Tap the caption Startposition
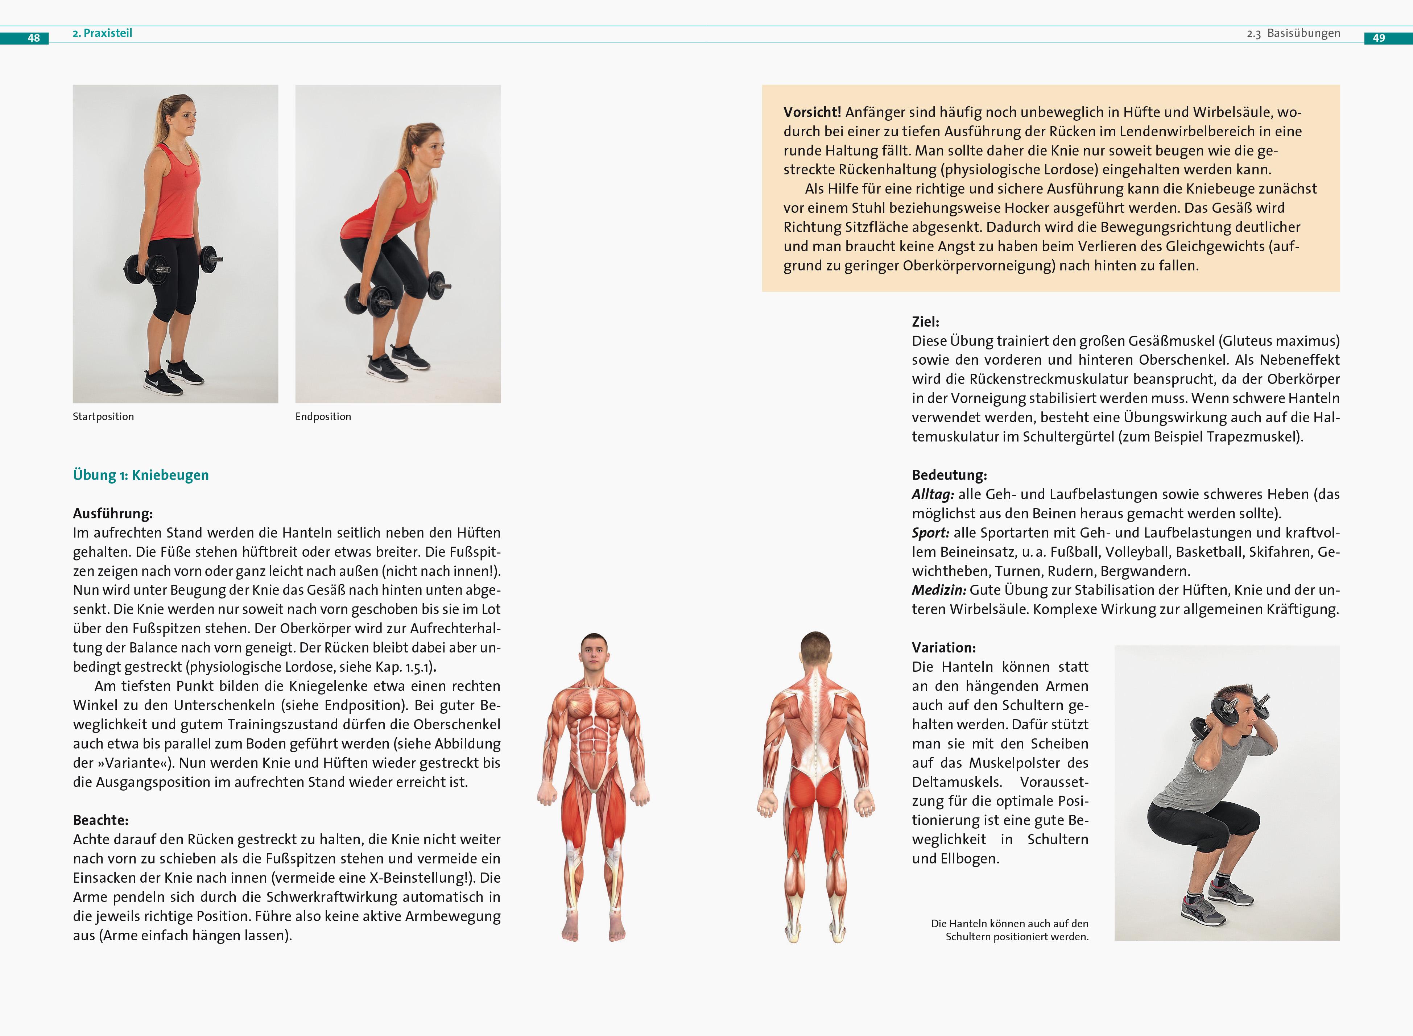[103, 417]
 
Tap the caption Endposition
[323, 417]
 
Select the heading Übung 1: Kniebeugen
[140, 475]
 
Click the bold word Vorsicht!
[811, 112]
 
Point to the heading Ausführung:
[113, 514]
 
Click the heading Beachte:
[100, 820]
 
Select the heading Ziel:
[925, 322]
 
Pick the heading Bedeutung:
[949, 475]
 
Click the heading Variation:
[943, 648]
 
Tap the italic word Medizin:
[939, 590]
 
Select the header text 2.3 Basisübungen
[1293, 33]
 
